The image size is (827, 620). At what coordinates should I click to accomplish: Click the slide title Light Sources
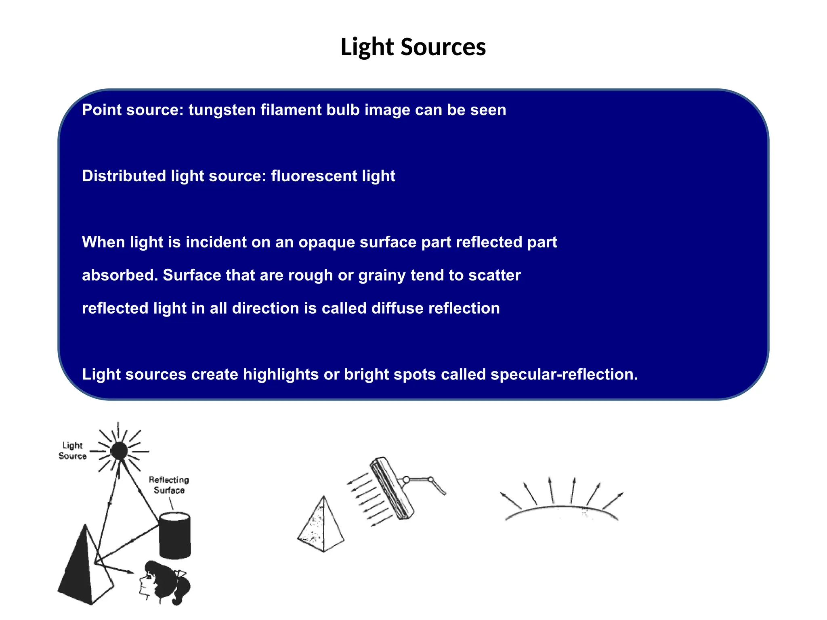(x=413, y=47)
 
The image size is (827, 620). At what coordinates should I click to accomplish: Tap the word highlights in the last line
(x=281, y=375)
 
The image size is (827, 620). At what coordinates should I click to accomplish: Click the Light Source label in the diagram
(x=73, y=450)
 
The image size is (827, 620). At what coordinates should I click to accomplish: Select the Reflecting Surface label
(x=169, y=485)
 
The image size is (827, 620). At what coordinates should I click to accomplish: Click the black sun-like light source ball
(x=119, y=450)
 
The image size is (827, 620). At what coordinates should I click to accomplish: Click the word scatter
(x=494, y=275)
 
